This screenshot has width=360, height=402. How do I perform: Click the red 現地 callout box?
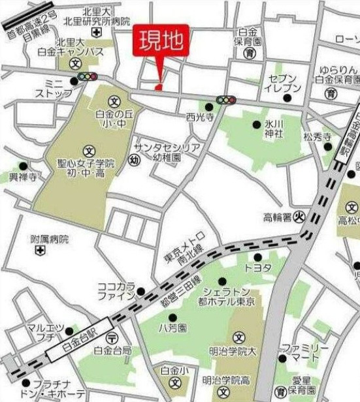161,42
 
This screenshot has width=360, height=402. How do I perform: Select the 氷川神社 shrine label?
273,128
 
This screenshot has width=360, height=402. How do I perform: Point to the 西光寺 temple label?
199,118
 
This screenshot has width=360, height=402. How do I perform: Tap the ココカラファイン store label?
116,290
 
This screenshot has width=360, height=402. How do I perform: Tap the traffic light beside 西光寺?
226,100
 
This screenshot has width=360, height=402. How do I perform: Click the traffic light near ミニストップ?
86,77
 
